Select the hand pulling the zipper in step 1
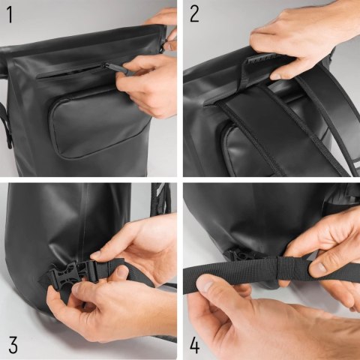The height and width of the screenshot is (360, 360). pyautogui.click(x=150, y=82)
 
